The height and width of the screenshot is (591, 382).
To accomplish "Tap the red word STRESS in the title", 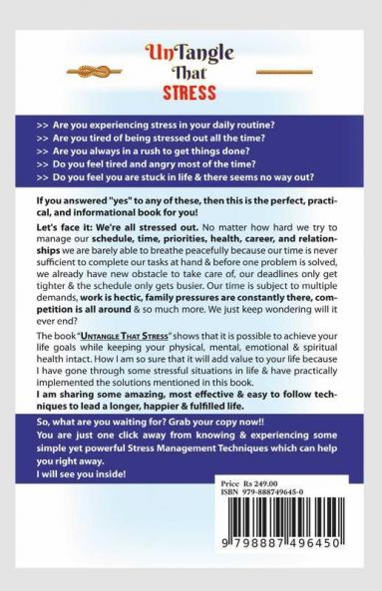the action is point(190,97).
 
